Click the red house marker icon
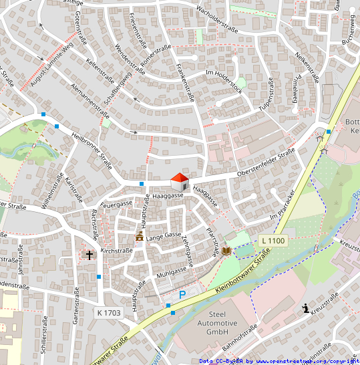(x=180, y=181)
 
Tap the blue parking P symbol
(x=182, y=294)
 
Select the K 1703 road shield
(x=108, y=312)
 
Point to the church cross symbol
(x=89, y=255)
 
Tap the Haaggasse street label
(x=168, y=197)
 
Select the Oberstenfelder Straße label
(x=265, y=164)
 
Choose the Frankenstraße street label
(x=186, y=80)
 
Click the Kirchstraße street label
(x=116, y=250)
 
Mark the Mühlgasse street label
(x=172, y=272)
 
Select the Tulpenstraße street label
(x=266, y=96)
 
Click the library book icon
(x=226, y=251)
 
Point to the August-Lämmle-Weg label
(x=51, y=65)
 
